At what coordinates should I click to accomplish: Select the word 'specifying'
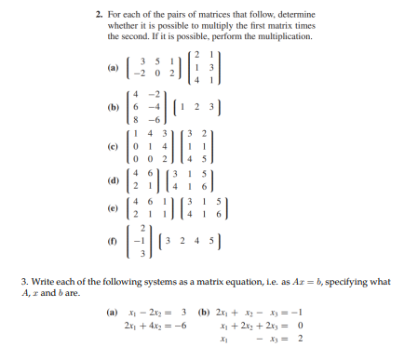(x=348, y=281)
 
